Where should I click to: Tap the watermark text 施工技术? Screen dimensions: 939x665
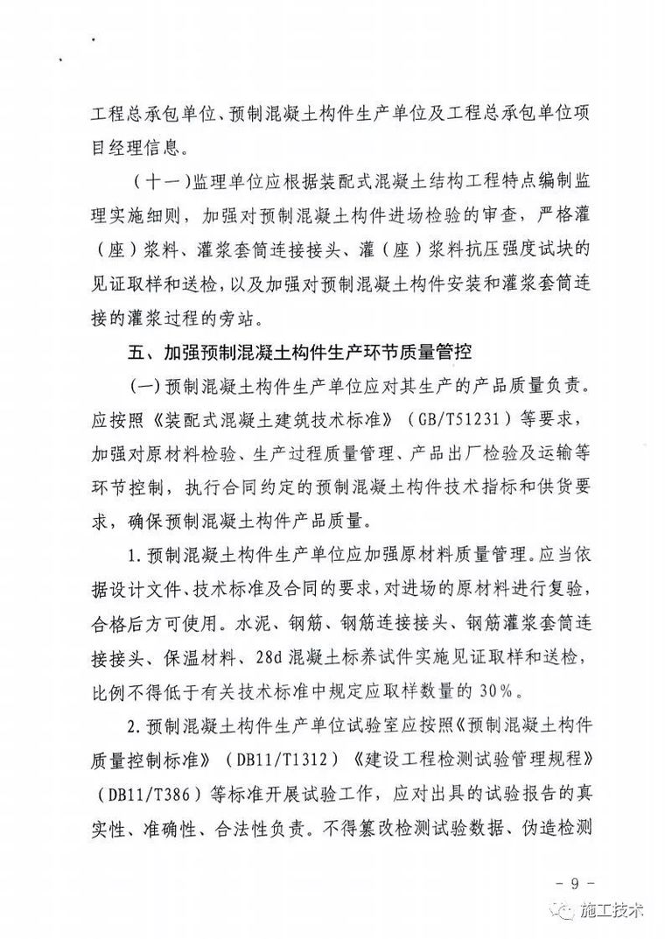[x=612, y=909]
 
